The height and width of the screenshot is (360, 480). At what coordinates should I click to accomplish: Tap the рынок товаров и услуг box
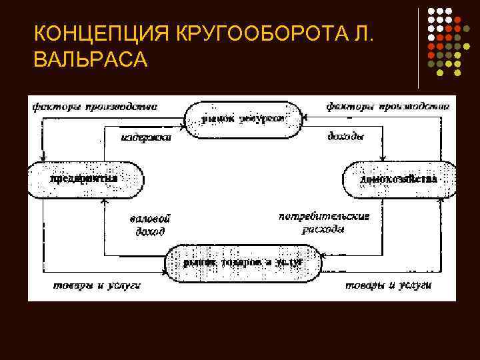pos(243,262)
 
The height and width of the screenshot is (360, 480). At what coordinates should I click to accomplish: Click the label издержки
pos(146,138)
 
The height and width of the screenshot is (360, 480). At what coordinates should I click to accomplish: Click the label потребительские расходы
pos(324,223)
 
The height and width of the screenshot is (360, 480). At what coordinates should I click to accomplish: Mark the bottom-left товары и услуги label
pos(97,285)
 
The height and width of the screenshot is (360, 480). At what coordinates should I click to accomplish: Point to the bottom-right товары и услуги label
pos(389,285)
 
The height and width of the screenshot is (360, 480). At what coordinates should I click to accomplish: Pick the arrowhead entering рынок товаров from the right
pos(324,255)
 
